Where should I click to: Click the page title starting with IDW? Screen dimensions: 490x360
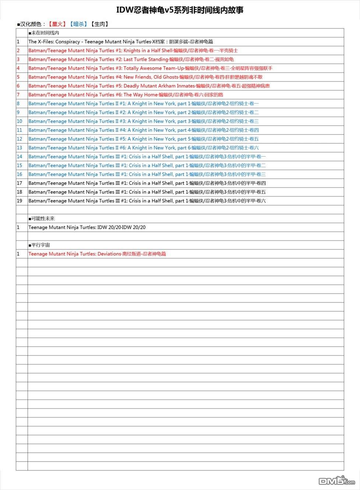pyautogui.click(x=180, y=10)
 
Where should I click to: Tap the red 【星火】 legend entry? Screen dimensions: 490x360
pyautogui.click(x=57, y=24)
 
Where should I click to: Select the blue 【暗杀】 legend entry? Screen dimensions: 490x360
pyautogui.click(x=78, y=24)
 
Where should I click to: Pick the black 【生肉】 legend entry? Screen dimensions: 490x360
pyautogui.click(x=99, y=24)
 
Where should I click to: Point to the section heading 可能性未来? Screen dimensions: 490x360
pyautogui.click(x=43, y=218)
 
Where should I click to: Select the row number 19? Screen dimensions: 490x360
pyautogui.click(x=20, y=201)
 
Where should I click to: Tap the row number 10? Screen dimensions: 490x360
pyautogui.click(x=20, y=121)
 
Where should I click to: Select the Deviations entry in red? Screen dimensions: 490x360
pyautogui.click(x=97, y=254)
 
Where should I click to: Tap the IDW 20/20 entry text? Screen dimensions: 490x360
pyautogui.click(x=87, y=227)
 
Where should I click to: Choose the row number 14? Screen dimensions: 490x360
pyautogui.click(x=20, y=157)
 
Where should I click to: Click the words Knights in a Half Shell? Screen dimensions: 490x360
pyautogui.click(x=148, y=50)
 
